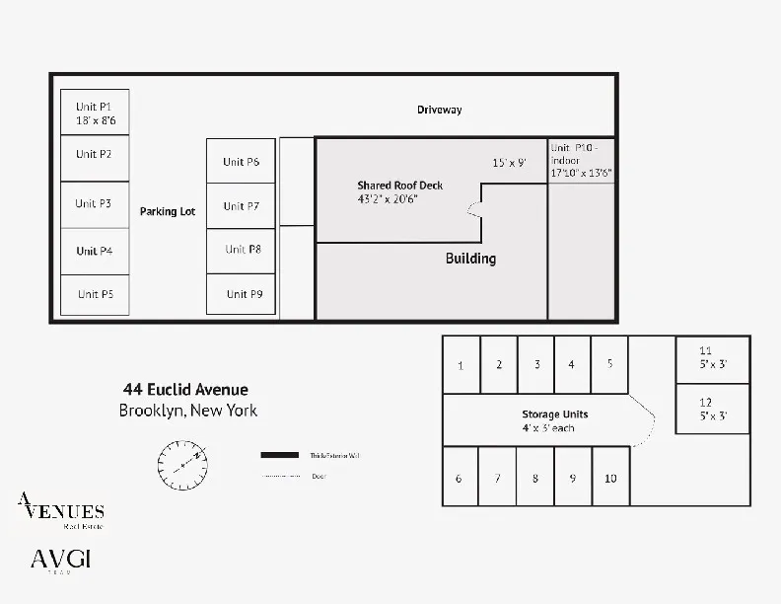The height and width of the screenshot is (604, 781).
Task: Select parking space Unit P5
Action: pyautogui.click(x=95, y=294)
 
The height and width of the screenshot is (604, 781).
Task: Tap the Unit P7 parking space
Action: pyautogui.click(x=241, y=206)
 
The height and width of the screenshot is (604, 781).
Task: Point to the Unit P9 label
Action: pyautogui.click(x=244, y=294)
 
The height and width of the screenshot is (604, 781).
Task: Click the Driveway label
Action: pyautogui.click(x=439, y=110)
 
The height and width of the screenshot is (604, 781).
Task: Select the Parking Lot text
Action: pyautogui.click(x=168, y=211)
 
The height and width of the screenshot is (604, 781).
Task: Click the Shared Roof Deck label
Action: pyautogui.click(x=399, y=186)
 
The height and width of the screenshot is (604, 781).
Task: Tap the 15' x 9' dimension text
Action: pyautogui.click(x=509, y=163)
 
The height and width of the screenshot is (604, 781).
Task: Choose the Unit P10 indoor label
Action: pyautogui.click(x=582, y=159)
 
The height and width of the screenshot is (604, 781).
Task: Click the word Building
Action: pyautogui.click(x=470, y=259)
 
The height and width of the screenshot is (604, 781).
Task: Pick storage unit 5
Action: pyautogui.click(x=609, y=364)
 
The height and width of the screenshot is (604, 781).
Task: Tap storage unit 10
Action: pyautogui.click(x=610, y=479)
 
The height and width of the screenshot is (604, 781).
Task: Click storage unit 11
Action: pyautogui.click(x=712, y=357)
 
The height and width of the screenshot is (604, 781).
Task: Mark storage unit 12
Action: pyautogui.click(x=712, y=409)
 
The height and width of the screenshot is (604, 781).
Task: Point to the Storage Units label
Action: pyautogui.click(x=554, y=415)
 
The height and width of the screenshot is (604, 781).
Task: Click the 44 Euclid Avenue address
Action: pyautogui.click(x=185, y=390)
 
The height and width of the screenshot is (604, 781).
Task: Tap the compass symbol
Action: pyautogui.click(x=183, y=461)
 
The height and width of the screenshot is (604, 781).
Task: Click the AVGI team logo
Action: pyautogui.click(x=61, y=561)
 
